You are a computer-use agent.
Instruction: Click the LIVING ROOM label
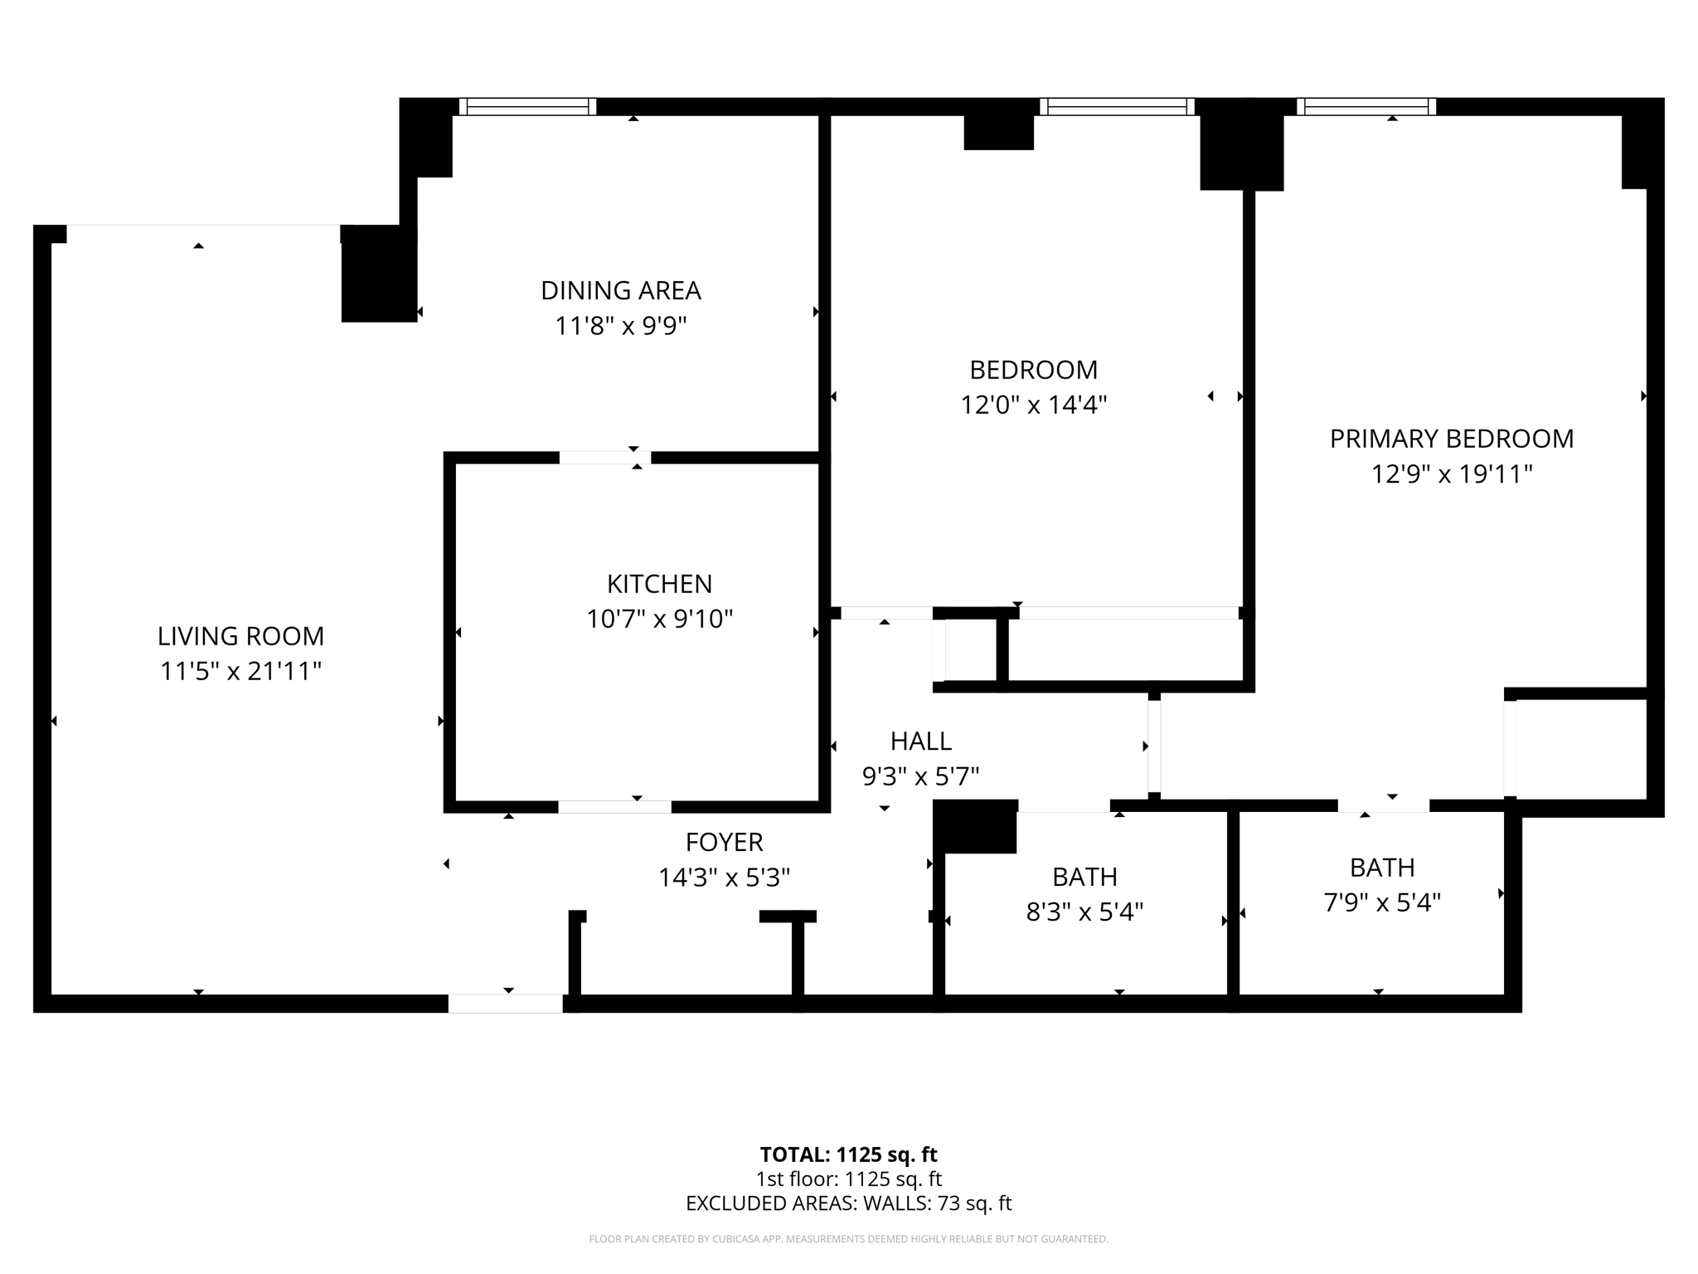point(240,636)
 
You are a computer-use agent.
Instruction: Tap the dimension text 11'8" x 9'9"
point(620,326)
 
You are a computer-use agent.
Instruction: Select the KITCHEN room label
point(659,584)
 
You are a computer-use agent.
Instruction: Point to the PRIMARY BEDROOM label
point(1451,439)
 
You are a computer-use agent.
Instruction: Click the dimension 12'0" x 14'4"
point(1033,405)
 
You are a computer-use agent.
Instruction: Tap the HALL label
point(920,741)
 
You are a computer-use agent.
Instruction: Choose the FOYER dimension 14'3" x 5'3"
point(724,878)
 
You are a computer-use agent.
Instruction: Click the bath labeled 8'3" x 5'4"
point(1084,895)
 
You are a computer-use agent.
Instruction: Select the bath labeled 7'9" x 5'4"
point(1381,885)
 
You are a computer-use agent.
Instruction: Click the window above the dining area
point(527,106)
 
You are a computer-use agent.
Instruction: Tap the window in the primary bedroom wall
point(1366,106)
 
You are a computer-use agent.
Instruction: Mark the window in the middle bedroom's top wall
point(1117,106)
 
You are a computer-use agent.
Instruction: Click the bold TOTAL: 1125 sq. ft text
point(848,1155)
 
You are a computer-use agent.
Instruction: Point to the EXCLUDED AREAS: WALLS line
point(848,1203)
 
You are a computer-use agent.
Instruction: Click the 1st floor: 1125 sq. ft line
point(848,1179)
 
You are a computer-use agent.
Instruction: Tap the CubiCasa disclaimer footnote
point(848,1239)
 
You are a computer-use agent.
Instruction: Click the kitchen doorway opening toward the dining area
point(604,458)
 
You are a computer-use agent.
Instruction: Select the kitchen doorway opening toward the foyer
point(614,807)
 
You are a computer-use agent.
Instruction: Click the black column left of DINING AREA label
point(379,274)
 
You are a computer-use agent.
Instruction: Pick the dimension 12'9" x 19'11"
point(1451,474)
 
